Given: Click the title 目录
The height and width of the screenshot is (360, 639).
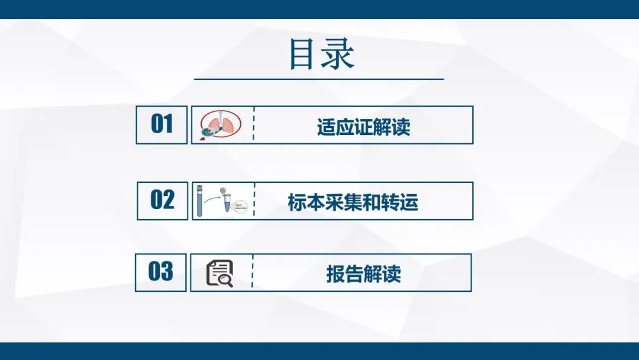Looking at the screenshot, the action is point(321,54).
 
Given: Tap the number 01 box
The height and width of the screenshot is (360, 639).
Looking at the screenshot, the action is point(162,125).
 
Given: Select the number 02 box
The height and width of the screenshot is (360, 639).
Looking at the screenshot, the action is point(163,201).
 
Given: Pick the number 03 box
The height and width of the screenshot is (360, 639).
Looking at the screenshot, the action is point(160,273).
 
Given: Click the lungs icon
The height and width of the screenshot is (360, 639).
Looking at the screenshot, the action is point(221,125).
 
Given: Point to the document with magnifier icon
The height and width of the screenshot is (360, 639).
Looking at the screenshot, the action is point(220,273).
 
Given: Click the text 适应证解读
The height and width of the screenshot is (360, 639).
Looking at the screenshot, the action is point(363,127).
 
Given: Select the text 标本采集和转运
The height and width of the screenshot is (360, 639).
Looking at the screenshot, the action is point(353,202).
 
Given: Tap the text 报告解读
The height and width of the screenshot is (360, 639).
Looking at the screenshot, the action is point(363,274).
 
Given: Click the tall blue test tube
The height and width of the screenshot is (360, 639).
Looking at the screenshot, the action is point(200,201).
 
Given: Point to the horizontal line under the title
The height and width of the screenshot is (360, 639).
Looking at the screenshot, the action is point(319,79).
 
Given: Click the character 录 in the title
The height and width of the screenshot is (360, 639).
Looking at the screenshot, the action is point(338,54).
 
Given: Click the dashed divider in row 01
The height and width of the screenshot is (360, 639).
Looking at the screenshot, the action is point(253,124).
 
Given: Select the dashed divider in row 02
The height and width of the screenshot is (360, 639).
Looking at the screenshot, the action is point(254,201).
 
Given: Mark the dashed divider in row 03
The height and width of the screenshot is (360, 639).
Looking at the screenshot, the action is point(252,272).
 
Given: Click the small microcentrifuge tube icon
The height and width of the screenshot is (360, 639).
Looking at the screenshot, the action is point(227,204).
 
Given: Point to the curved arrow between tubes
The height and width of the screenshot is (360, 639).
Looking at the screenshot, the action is point(213,198).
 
